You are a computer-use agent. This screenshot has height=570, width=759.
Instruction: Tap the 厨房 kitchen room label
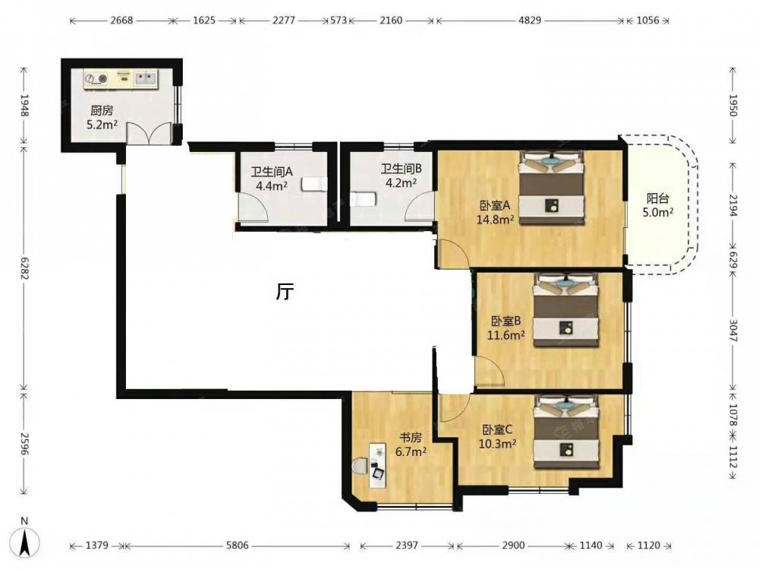102,111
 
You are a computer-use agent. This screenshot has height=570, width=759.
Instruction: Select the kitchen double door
149,133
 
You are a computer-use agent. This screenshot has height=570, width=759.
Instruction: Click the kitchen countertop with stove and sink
121,79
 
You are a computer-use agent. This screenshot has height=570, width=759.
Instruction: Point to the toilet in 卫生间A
313,184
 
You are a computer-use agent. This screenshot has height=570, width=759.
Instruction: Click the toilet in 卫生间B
363,198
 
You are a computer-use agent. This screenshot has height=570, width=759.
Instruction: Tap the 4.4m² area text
272,185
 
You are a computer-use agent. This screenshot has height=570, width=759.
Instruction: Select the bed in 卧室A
551,188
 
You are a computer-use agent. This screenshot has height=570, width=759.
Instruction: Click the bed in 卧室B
565,310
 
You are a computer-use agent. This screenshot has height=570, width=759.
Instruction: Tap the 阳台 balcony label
658,198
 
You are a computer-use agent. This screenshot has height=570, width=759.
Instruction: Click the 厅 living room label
285,291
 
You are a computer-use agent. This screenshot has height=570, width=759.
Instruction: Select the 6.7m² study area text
411,452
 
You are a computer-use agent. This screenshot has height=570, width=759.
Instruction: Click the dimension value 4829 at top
530,21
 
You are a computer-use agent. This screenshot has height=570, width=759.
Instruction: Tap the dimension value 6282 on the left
25,268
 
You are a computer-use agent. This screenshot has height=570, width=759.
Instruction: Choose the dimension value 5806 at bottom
237,546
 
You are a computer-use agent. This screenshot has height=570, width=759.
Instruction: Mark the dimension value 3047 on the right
733,331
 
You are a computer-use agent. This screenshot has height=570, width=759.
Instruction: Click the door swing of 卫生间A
254,207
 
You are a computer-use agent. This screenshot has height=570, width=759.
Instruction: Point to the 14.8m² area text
495,220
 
